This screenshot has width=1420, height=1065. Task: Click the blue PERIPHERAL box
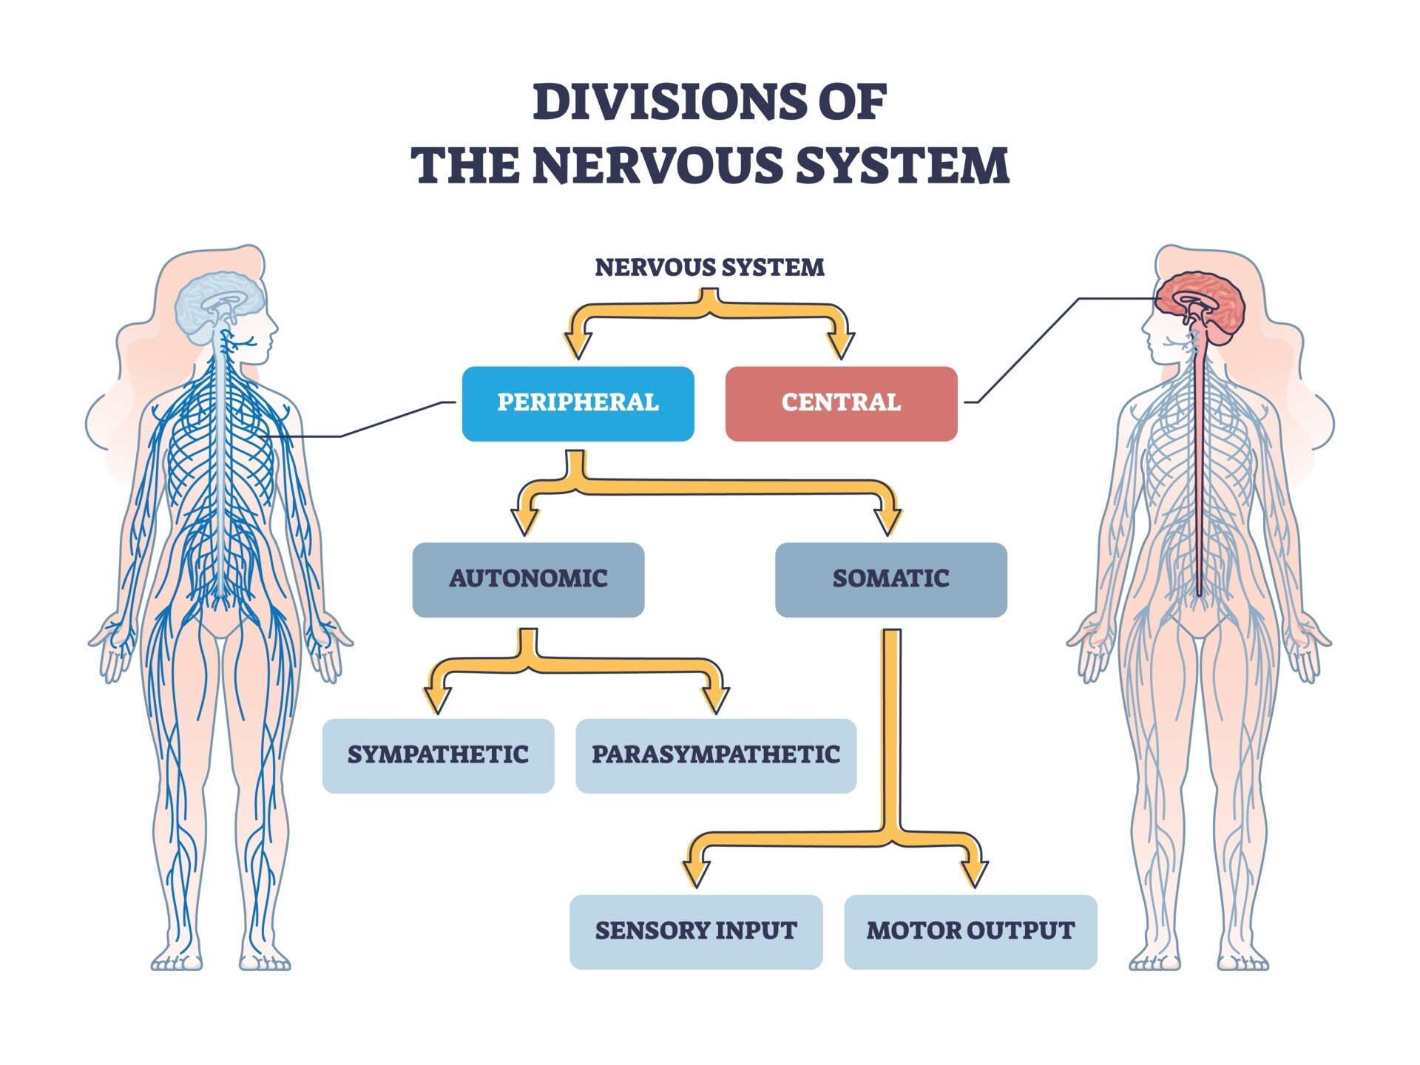click(x=578, y=404)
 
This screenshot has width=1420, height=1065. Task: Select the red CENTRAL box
click(x=841, y=404)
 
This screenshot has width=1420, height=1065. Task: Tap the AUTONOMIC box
click(x=528, y=580)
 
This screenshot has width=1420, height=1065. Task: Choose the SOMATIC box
click(x=890, y=580)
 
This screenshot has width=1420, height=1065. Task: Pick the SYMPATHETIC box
click(x=438, y=756)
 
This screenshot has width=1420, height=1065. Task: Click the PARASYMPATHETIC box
click(x=715, y=756)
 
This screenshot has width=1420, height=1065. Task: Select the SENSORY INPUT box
click(x=695, y=932)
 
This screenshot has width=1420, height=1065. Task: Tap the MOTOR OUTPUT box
click(x=970, y=932)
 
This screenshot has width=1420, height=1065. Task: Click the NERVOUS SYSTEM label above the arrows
click(x=709, y=267)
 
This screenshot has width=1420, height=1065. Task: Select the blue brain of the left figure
click(x=220, y=303)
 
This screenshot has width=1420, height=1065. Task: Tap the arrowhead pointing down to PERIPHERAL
click(x=578, y=345)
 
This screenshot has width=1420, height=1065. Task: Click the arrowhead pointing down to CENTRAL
click(x=841, y=345)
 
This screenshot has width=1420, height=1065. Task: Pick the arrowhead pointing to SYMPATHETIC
click(x=437, y=699)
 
